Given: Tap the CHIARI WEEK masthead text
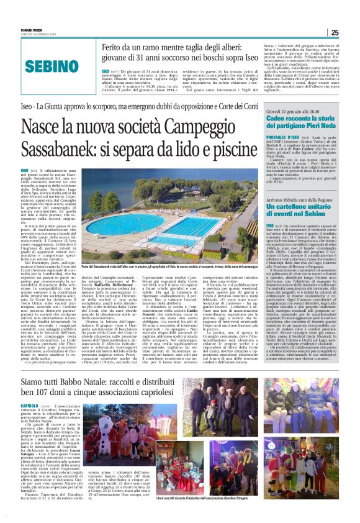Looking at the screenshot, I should [33, 24].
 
